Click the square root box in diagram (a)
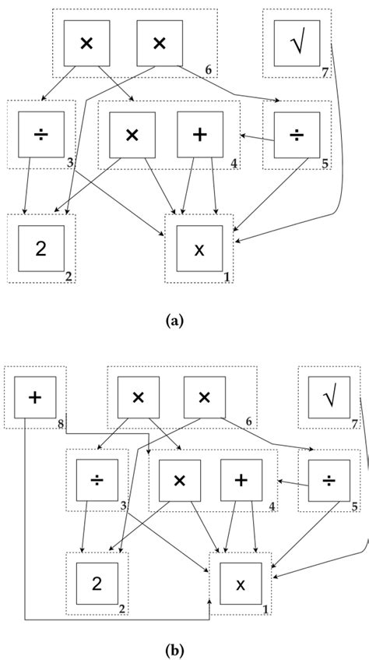tap(297, 43)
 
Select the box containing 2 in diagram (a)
tap(41, 249)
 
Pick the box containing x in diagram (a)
tap(199, 249)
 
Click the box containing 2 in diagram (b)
tap(97, 584)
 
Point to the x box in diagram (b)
tap(241, 584)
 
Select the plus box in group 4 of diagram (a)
tap(200, 134)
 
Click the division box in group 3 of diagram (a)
tap(41, 134)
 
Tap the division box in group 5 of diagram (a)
tap(297, 134)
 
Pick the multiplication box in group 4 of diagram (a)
tap(132, 134)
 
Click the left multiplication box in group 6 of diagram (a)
tap(86, 43)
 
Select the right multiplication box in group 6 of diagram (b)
tap(205, 397)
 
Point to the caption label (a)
tap(174, 320)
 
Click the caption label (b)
tap(175, 648)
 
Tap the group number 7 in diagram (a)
tap(325, 72)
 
